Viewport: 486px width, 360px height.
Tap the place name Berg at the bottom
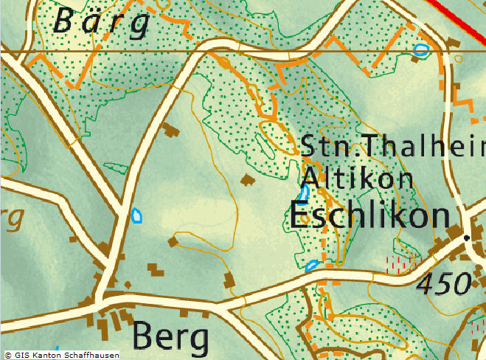point(170,337)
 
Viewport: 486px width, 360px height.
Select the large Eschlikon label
point(369,216)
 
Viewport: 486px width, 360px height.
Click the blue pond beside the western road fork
point(136,215)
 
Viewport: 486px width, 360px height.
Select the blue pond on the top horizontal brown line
point(421,50)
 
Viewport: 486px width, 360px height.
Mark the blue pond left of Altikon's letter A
point(303,193)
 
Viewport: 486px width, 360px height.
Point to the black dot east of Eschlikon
point(466,238)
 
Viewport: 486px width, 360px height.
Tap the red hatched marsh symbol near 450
point(403,263)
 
